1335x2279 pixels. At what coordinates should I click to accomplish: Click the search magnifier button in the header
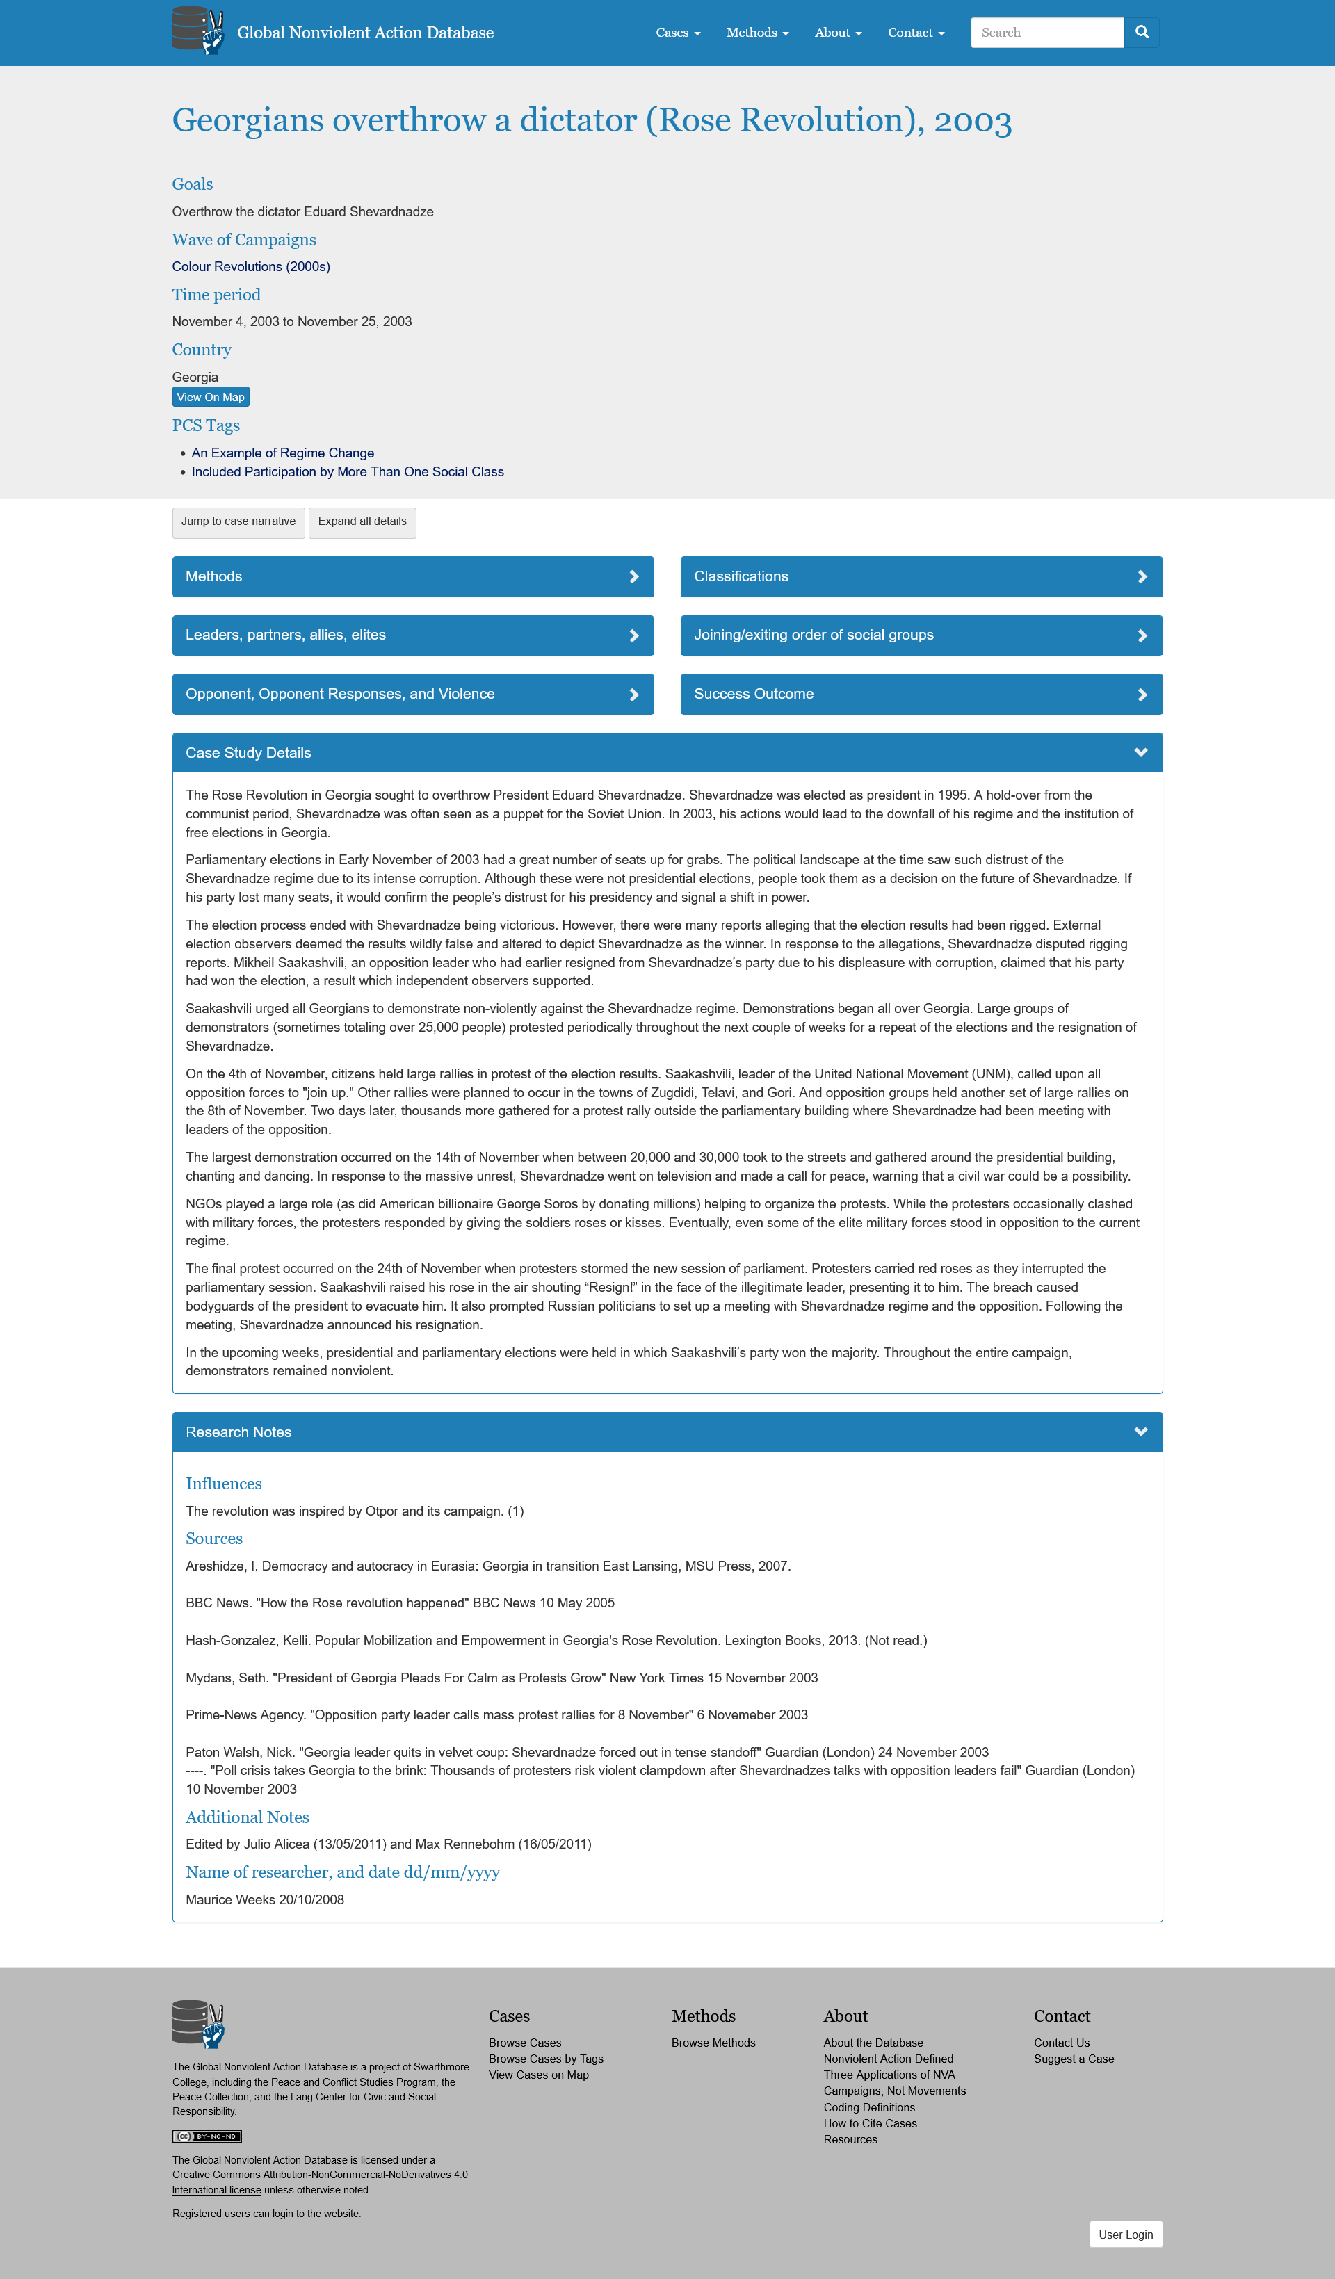click(1142, 33)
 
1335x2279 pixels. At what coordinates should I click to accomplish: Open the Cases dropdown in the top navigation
click(677, 33)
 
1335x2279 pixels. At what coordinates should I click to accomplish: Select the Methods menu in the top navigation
click(757, 33)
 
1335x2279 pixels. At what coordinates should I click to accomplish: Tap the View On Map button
click(211, 397)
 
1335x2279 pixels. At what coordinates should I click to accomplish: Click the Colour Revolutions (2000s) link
click(250, 267)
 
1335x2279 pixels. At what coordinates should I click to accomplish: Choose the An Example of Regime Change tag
click(282, 453)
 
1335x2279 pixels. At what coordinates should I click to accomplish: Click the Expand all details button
click(362, 522)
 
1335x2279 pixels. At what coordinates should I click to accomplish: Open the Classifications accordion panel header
click(921, 577)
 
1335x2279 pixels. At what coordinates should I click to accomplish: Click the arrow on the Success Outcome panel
click(1142, 695)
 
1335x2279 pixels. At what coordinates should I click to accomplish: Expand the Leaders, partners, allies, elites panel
click(412, 635)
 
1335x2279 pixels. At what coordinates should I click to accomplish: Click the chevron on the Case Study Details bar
click(1140, 752)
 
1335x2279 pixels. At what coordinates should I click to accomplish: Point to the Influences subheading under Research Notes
click(223, 1483)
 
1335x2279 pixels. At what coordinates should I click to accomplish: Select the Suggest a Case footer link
click(1074, 2059)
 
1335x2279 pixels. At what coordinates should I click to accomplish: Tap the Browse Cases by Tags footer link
click(545, 2059)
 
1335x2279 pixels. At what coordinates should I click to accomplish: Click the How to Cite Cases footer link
click(870, 2123)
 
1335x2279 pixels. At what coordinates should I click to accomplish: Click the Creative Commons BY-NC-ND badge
click(207, 2136)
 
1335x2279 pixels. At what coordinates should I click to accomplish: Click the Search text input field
click(1046, 33)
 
